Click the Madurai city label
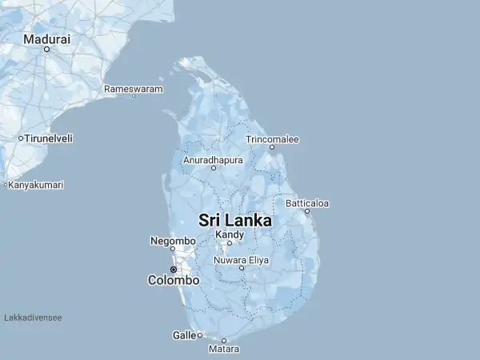pos(46,38)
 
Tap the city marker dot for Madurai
pos(46,49)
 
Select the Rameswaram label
pos(134,88)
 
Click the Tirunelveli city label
pos(49,138)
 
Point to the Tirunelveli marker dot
pos(21,138)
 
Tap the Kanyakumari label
pos(36,185)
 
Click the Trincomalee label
pos(272,139)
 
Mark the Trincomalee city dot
pos(272,147)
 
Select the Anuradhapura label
pos(213,160)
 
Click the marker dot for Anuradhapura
pos(214,168)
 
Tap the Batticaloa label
pos(307,203)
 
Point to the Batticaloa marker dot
pos(307,211)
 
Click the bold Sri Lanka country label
pos(234,220)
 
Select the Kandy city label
pos(230,234)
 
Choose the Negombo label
pos(173,241)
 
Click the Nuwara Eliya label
pos(242,260)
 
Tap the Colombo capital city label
pos(174,281)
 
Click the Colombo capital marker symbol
pos(173,270)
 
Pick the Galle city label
pos(183,335)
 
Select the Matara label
pos(224,350)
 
